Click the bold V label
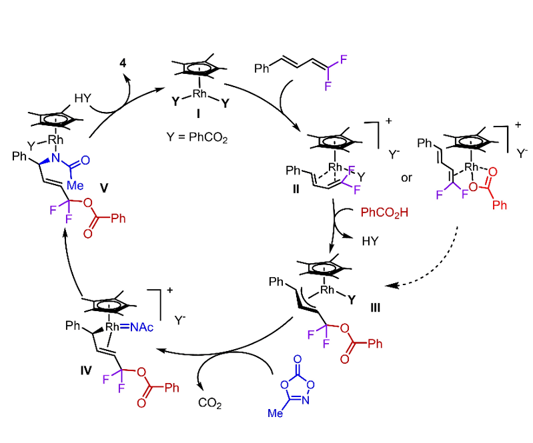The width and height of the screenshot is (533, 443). click(x=103, y=189)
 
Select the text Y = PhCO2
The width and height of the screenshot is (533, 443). click(x=196, y=138)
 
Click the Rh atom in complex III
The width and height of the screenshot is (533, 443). click(x=327, y=290)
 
